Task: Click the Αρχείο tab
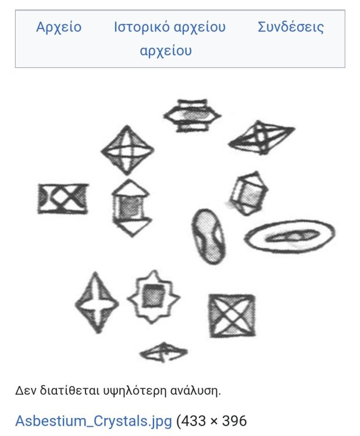(59, 27)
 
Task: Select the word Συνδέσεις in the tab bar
(290, 27)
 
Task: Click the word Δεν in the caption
(24, 390)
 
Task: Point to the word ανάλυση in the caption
(197, 390)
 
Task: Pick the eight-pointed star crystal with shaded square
(153, 296)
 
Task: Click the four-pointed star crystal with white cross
(96, 302)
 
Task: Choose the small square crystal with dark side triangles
(63, 198)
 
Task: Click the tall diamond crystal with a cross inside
(127, 150)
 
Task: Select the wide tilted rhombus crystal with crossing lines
(261, 138)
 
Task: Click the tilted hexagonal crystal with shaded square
(248, 193)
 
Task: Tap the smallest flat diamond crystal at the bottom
(163, 351)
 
